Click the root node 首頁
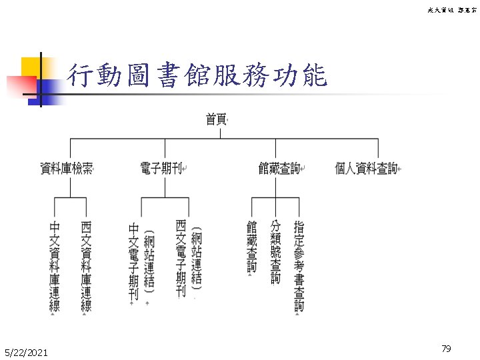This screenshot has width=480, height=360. tap(215, 119)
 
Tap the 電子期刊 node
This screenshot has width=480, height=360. tap(161, 169)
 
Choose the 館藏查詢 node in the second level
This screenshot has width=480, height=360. tap(279, 169)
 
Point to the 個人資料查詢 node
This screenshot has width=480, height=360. tap(366, 169)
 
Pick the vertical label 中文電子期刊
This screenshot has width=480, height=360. tap(133, 261)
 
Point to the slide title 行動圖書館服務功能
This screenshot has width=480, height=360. tap(197, 77)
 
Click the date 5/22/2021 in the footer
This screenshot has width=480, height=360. tap(25, 351)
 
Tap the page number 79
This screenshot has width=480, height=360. tap(446, 349)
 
